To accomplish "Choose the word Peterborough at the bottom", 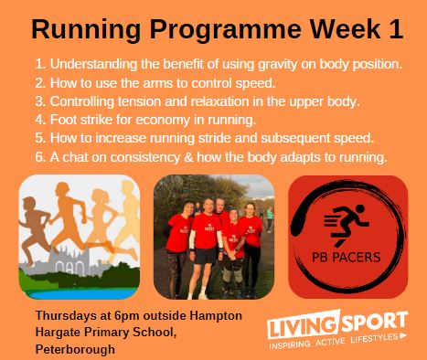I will point(75,349).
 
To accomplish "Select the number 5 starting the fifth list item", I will point(39,138).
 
